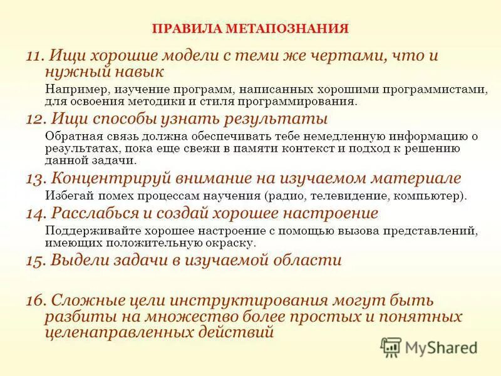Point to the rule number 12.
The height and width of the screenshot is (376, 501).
point(34,118)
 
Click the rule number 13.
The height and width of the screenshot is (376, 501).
point(34,179)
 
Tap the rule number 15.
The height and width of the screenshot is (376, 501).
point(34,260)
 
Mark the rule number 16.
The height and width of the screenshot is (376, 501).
point(34,300)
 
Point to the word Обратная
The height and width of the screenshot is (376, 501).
point(71,136)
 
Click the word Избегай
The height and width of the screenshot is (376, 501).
point(69,196)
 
